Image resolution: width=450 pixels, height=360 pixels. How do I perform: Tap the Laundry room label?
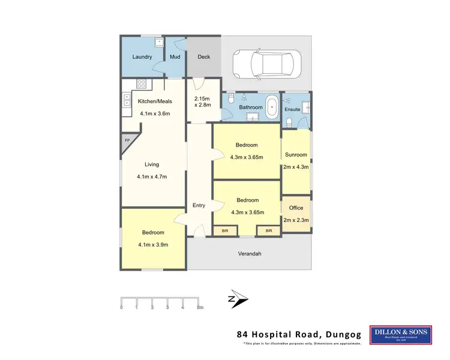(x=142, y=57)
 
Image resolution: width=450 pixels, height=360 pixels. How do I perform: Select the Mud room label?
(x=175, y=57)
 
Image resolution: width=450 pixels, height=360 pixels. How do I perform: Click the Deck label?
(x=204, y=57)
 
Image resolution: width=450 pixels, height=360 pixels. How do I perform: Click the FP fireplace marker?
(x=127, y=140)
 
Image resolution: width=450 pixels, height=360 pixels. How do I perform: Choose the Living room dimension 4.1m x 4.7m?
(x=151, y=176)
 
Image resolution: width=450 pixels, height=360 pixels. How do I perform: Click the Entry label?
(x=199, y=205)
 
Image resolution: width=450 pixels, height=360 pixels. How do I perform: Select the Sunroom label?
(x=296, y=154)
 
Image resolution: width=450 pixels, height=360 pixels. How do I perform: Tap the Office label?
(x=296, y=208)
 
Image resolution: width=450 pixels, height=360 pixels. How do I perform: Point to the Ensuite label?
(x=292, y=109)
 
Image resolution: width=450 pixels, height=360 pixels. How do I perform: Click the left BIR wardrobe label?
(x=225, y=230)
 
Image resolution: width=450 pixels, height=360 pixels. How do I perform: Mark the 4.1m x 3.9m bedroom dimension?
(x=152, y=244)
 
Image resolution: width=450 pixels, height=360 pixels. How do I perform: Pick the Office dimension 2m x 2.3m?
(x=296, y=220)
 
